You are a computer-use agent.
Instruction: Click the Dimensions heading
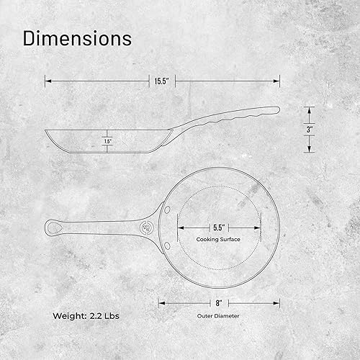pos(77,38)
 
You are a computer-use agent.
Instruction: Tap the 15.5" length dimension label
pos(162,81)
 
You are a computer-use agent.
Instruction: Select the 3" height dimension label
pos(310,130)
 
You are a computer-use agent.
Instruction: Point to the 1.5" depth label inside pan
pos(108,141)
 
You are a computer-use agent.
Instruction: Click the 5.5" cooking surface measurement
pos(219,228)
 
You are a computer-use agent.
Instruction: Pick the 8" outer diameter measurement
pos(219,303)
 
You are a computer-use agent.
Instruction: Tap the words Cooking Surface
pos(218,239)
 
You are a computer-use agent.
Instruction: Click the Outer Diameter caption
pos(218,316)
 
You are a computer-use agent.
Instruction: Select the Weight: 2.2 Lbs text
pos(86,316)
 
